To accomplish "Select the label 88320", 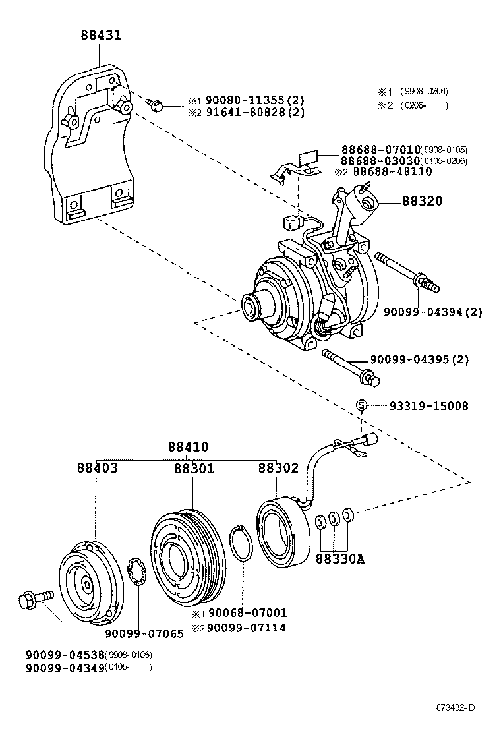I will (424, 201).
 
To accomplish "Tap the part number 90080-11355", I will (245, 100).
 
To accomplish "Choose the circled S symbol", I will (361, 405).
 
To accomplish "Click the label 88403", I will (97, 468).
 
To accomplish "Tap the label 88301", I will (194, 468).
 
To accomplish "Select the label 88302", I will (278, 468).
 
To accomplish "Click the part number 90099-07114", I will (247, 628).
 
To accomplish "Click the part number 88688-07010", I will (380, 150).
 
